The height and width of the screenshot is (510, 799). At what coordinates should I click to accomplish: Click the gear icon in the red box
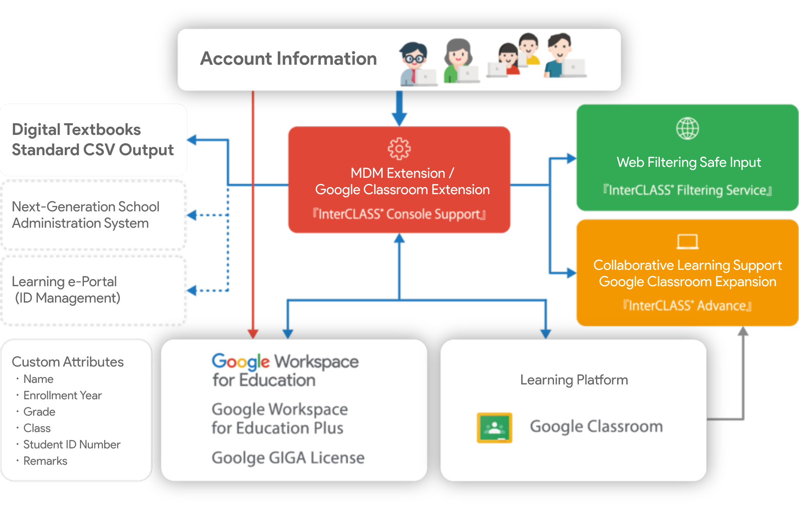point(399,149)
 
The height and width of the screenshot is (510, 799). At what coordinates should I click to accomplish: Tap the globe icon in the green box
point(687,129)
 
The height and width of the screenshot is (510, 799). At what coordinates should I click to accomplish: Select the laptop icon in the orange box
point(687,242)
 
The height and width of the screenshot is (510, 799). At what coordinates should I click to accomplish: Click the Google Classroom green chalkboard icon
point(494,428)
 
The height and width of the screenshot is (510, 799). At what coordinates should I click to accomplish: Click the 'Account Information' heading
point(288,59)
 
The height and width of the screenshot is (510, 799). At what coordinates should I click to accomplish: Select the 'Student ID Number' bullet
point(72,444)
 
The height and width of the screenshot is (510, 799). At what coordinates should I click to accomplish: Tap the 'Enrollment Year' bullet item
point(62,395)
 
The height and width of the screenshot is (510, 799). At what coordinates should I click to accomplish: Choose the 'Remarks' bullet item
point(45,461)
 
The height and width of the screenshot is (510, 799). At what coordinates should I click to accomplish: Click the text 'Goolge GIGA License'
point(288,458)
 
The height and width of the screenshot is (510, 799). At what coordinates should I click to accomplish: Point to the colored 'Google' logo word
point(240,362)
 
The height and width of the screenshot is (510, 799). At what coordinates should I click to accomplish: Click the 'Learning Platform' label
point(574,380)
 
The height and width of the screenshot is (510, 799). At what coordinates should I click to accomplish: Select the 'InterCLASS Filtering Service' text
point(687,190)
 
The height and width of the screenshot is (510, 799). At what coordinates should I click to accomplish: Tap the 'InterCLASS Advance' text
point(687,306)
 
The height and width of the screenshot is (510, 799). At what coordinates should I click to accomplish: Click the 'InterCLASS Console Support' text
point(399,214)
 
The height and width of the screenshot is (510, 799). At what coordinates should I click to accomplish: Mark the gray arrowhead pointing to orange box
point(743,332)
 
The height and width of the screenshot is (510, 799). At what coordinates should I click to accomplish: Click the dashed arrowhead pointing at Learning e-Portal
point(192,290)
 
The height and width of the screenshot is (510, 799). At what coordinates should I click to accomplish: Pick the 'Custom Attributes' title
point(67,362)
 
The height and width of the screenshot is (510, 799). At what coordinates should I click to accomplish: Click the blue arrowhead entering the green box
point(571,158)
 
